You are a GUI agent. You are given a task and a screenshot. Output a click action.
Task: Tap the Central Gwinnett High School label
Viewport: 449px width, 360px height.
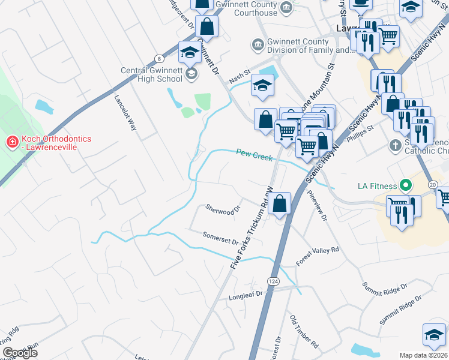[151, 74]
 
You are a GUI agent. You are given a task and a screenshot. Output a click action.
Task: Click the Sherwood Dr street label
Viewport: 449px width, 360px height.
[223, 209]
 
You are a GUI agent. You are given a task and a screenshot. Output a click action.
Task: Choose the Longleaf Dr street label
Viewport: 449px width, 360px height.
[246, 296]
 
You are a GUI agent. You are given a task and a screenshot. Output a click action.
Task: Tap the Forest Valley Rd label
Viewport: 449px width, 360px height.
[318, 256]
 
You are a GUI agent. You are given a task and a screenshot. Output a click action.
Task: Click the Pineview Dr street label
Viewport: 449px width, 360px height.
[317, 206]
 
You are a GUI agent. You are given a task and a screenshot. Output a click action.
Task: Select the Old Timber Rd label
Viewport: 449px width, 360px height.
[304, 332]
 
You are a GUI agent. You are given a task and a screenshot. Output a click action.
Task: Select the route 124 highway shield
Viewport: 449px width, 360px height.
[273, 281]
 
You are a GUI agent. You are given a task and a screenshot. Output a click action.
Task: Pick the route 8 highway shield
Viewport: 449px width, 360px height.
[158, 58]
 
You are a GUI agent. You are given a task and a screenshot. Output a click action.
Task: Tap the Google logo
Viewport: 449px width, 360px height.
[20, 353]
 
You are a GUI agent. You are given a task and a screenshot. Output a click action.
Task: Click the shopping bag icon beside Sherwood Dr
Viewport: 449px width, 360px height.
[280, 203]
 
